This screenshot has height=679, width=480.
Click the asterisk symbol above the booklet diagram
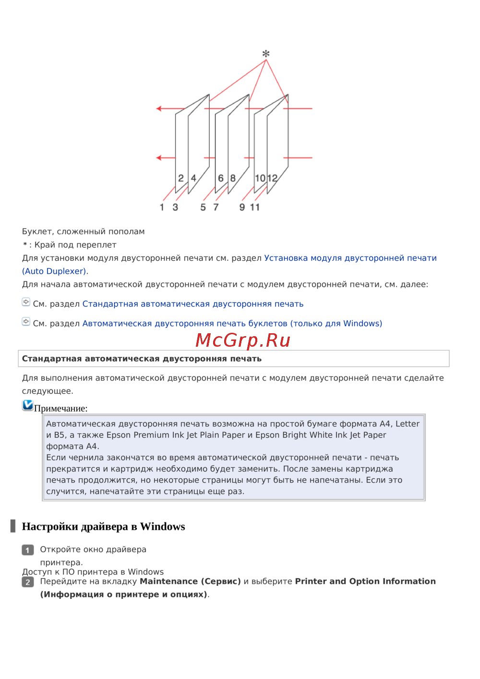pyautogui.click(x=265, y=54)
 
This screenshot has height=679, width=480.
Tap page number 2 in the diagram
pyautogui.click(x=181, y=178)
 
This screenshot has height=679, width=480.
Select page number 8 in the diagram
pyautogui.click(x=233, y=178)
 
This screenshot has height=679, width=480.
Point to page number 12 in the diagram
pyautogui.click(x=273, y=178)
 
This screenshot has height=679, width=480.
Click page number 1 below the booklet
pyautogui.click(x=162, y=207)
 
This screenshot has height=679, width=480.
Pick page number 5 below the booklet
pyautogui.click(x=203, y=207)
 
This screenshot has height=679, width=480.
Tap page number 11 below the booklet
pyautogui.click(x=255, y=207)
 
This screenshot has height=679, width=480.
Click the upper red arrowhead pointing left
pyautogui.click(x=159, y=109)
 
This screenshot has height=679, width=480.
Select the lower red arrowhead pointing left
pyautogui.click(x=159, y=158)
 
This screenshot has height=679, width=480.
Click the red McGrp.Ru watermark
pyautogui.click(x=243, y=340)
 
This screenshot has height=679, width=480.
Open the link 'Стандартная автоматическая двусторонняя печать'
pyautogui.click(x=193, y=304)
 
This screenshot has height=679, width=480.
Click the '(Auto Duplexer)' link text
pyautogui.click(x=54, y=271)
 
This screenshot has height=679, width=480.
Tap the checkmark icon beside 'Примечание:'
pyautogui.click(x=28, y=405)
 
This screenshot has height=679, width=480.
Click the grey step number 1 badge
pyautogui.click(x=28, y=550)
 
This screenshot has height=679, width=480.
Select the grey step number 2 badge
pyautogui.click(x=28, y=582)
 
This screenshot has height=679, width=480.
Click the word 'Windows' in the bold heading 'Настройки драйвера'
pyautogui.click(x=163, y=527)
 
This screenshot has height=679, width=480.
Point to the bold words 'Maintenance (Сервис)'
pyautogui.click(x=190, y=582)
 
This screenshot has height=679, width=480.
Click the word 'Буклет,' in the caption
pyautogui.click(x=38, y=231)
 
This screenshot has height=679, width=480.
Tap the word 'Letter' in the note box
pyautogui.click(x=408, y=424)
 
